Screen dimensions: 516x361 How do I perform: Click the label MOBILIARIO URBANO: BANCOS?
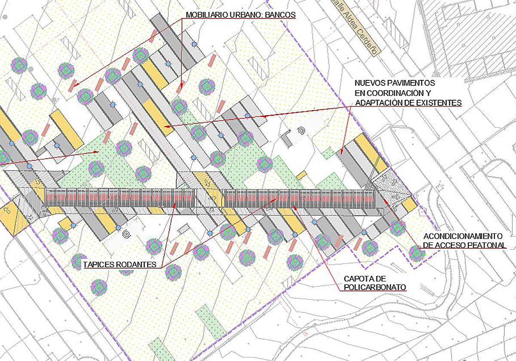(x=241, y=15)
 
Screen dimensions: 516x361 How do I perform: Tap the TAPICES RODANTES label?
(x=120, y=264)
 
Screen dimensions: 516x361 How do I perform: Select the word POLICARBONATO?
(x=375, y=287)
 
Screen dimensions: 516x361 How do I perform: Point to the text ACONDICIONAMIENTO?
(x=463, y=236)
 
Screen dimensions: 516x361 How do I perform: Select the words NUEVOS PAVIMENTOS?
(x=395, y=83)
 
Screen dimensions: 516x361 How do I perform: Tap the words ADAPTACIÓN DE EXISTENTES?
(x=408, y=103)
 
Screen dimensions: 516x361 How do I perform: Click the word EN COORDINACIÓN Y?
(x=393, y=93)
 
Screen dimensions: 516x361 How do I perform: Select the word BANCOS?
(x=281, y=15)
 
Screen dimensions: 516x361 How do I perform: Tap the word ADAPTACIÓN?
(x=377, y=103)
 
